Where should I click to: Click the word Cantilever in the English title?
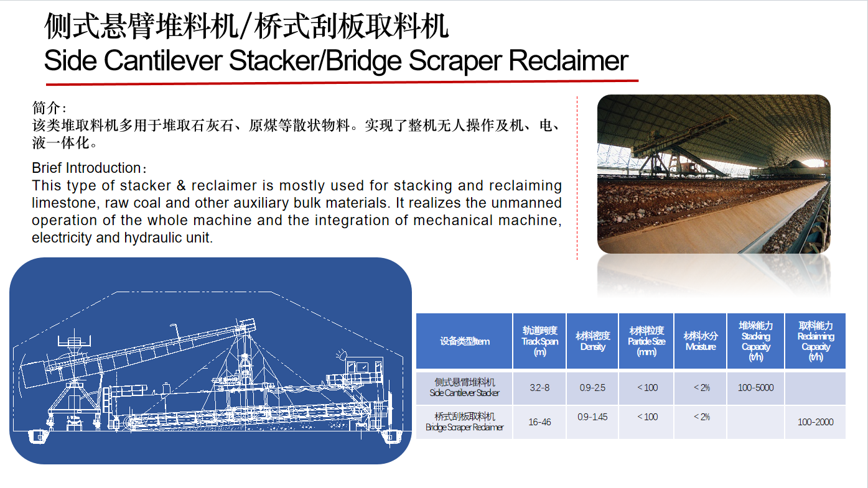coord(163,60)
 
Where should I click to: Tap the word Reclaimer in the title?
coord(568,60)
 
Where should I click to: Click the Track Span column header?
coord(539,341)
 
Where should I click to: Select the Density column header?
coord(593,341)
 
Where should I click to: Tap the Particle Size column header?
coord(646,341)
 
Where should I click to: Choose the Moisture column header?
coord(701,341)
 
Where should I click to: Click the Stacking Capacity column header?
coord(755,341)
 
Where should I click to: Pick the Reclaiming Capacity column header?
coord(816,341)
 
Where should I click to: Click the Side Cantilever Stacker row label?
coord(465,387)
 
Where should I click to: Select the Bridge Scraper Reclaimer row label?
coord(465,422)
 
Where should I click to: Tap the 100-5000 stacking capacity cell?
coord(755,387)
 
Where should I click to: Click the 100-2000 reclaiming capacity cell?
coord(815,422)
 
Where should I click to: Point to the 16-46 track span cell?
coord(539,422)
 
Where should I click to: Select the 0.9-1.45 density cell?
coord(592,417)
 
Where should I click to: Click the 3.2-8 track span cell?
coord(539,387)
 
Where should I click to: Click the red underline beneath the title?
coord(342,83)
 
